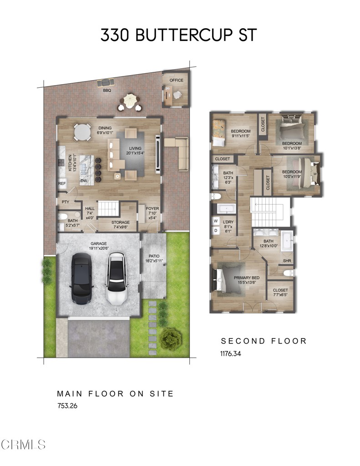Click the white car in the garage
(117, 279)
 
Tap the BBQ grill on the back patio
(106, 82)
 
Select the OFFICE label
(176, 81)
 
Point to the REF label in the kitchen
(62, 184)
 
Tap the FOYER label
(152, 209)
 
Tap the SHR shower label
(287, 261)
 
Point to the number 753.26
(67, 406)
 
